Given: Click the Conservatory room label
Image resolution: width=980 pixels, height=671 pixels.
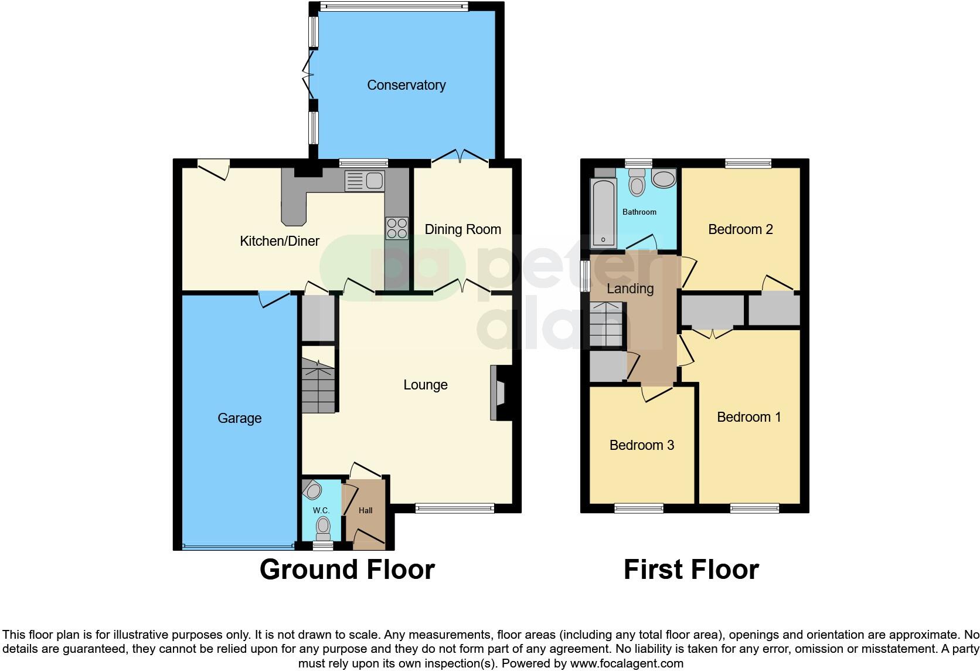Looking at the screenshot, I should pyautogui.click(x=406, y=85).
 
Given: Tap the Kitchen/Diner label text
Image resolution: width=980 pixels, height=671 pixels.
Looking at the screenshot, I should pyautogui.click(x=280, y=240).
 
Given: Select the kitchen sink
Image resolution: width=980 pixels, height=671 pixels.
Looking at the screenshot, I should pyautogui.click(x=364, y=181).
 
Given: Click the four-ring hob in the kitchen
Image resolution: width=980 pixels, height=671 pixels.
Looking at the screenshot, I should pyautogui.click(x=397, y=228).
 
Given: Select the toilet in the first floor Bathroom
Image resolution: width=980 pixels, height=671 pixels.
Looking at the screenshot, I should pyautogui.click(x=636, y=184).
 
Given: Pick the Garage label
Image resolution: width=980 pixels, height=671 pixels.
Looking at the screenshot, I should pyautogui.click(x=239, y=418).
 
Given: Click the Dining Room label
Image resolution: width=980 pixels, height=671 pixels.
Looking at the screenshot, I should pyautogui.click(x=462, y=229).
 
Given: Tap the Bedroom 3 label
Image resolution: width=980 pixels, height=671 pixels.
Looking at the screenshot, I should pyautogui.click(x=642, y=445).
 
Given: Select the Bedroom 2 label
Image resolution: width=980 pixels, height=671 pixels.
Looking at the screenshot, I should pyautogui.click(x=740, y=229).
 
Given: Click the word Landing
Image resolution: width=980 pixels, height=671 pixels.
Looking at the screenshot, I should pyautogui.click(x=630, y=289).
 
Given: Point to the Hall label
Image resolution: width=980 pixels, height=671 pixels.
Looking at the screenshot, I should pyautogui.click(x=366, y=510).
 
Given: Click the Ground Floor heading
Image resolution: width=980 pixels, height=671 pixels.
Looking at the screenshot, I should pyautogui.click(x=347, y=570).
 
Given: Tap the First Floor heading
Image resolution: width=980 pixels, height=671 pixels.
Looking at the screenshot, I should pyautogui.click(x=691, y=570).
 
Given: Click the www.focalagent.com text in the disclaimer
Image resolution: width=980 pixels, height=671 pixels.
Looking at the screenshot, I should pyautogui.click(x=627, y=663).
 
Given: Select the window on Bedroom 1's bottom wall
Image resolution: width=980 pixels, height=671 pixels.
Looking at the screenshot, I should pyautogui.click(x=754, y=509).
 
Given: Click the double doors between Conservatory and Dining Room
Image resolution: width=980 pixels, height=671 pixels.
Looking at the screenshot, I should pyautogui.click(x=461, y=157).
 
